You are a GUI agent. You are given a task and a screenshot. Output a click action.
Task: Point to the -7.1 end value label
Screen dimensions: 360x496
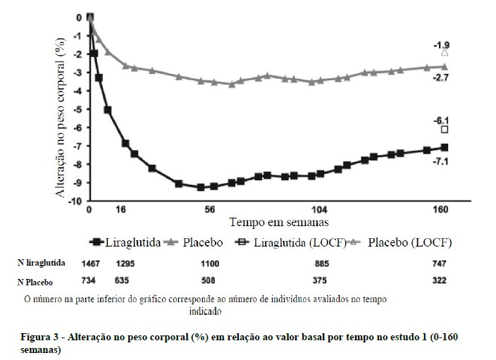pos(444,161)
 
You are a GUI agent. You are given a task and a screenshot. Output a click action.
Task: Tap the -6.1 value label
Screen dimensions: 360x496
pos(444,120)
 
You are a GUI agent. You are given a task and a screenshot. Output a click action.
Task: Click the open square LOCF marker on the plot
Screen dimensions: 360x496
pos(445,130)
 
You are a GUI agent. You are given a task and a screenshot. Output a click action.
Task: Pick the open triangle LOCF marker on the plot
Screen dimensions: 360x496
pos(445,52)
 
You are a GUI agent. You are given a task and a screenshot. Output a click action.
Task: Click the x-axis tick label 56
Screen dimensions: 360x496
pos(210,210)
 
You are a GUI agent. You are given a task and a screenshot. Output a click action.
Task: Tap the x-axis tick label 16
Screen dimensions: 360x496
pos(121,210)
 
